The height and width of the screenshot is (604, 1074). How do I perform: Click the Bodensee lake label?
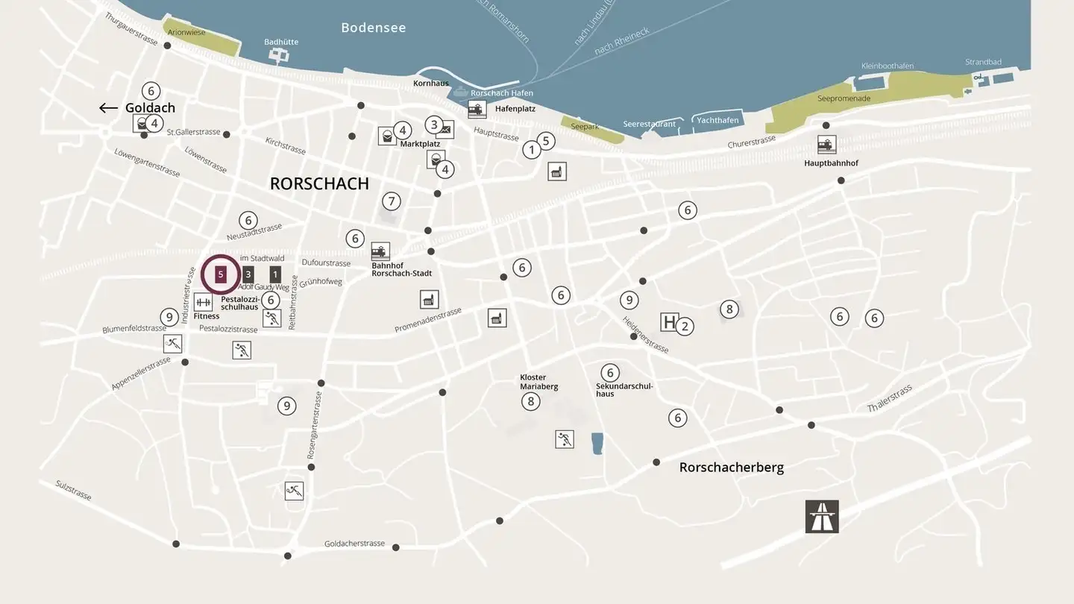[373, 28]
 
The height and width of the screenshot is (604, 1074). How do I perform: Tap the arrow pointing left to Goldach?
[108, 108]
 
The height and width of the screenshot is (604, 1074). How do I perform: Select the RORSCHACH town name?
[319, 183]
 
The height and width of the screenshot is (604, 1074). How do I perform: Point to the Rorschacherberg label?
[731, 468]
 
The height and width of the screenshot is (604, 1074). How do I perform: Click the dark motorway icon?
[822, 517]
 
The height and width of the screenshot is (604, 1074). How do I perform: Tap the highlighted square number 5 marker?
[221, 274]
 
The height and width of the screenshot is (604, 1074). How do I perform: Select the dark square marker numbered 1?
[275, 274]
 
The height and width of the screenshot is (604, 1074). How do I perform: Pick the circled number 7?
[392, 201]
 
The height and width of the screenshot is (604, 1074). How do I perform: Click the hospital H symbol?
[669, 322]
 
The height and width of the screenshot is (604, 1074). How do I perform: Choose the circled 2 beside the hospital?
[685, 326]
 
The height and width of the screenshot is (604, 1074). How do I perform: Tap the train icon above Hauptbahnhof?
[826, 145]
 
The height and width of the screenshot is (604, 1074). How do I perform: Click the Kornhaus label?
[431, 84]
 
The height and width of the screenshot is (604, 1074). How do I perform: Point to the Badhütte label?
[281, 42]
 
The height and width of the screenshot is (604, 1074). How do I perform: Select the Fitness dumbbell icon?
[203, 302]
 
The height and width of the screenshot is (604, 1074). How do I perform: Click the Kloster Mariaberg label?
[538, 382]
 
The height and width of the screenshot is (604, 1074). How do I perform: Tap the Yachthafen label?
[717, 120]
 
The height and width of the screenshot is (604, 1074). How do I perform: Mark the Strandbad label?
[983, 62]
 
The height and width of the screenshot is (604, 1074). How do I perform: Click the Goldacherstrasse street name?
[354, 544]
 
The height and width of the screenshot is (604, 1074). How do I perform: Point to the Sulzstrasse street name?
[73, 490]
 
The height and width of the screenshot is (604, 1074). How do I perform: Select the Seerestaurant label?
[649, 124]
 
